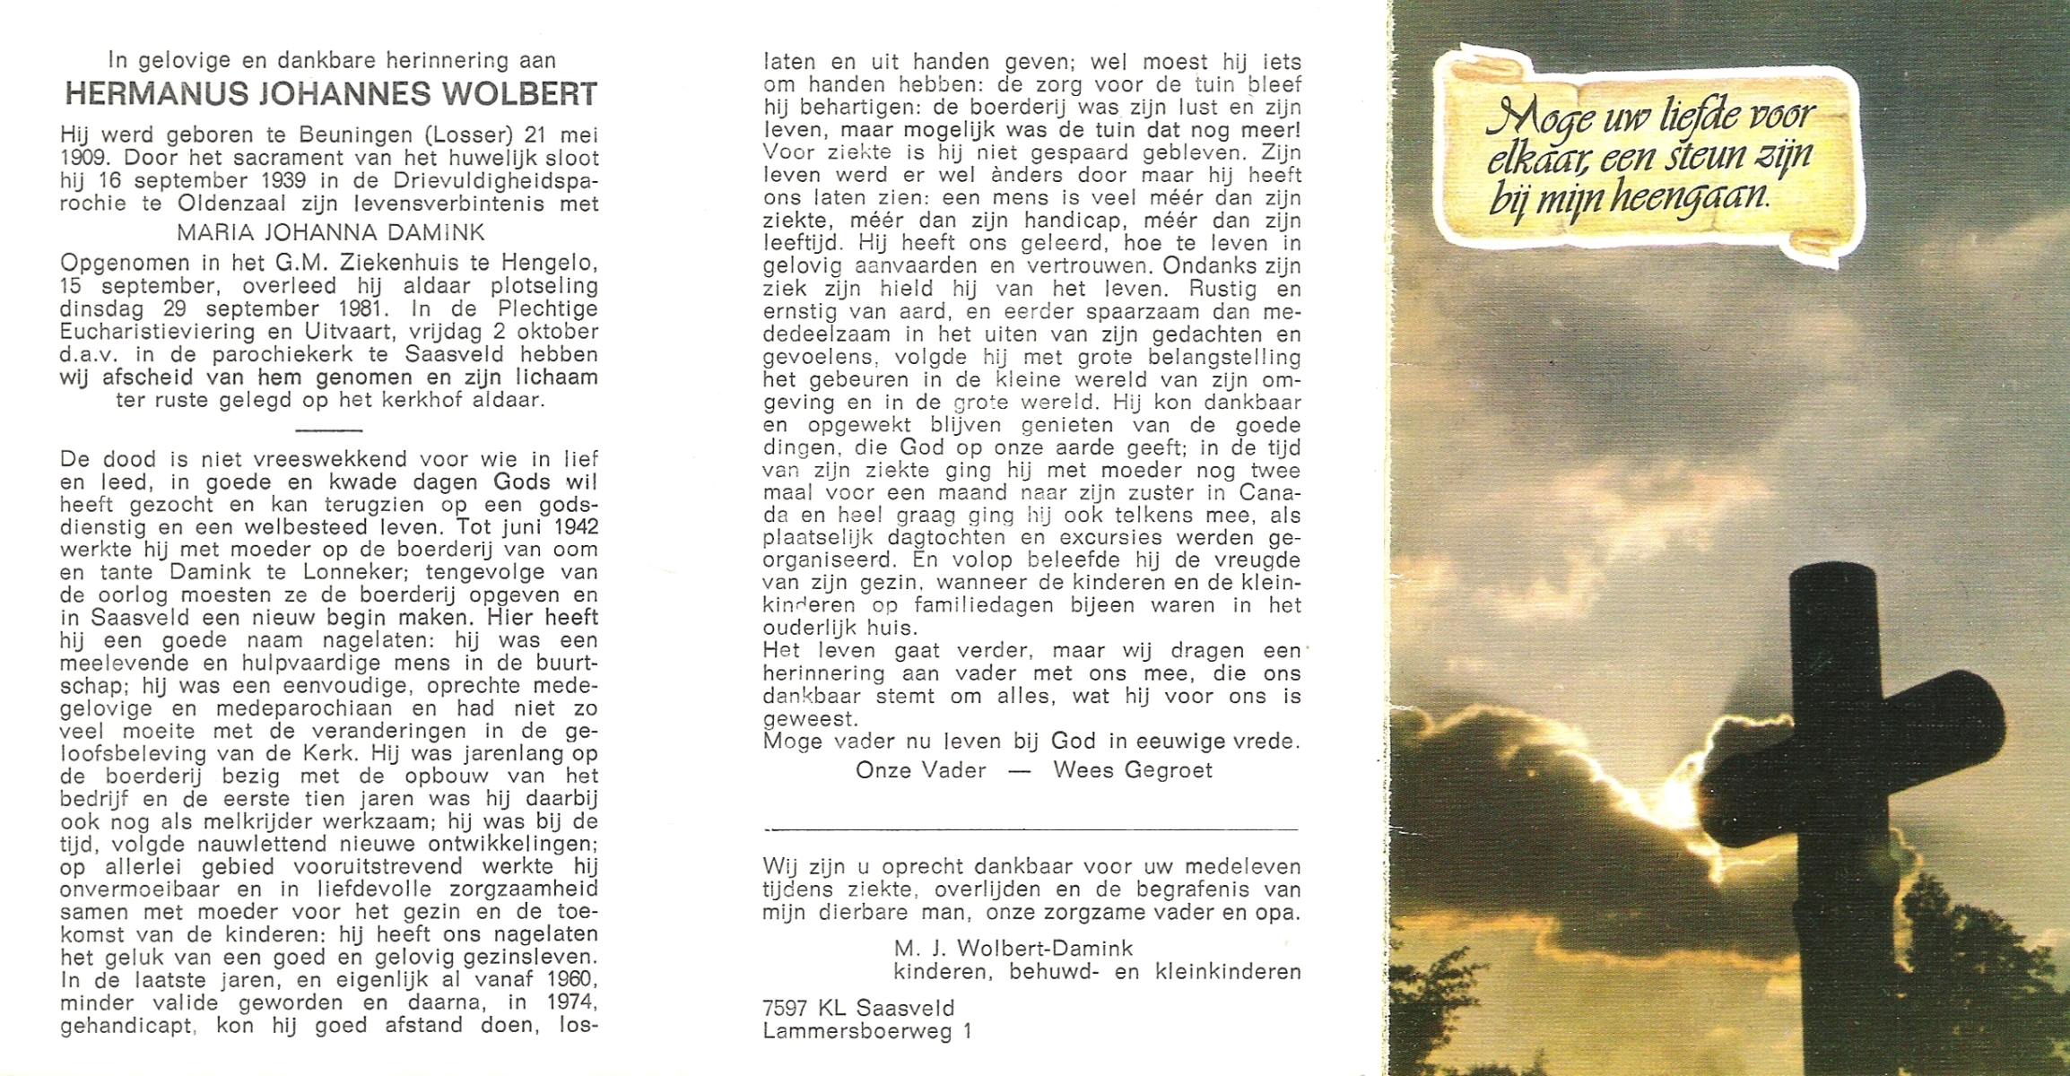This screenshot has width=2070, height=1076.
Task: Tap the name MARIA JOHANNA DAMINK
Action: (330, 233)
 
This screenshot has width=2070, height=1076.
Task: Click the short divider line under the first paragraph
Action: (327, 430)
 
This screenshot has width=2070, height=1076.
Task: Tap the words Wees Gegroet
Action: (1132, 770)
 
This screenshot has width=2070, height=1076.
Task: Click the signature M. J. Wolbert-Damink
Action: (1013, 949)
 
